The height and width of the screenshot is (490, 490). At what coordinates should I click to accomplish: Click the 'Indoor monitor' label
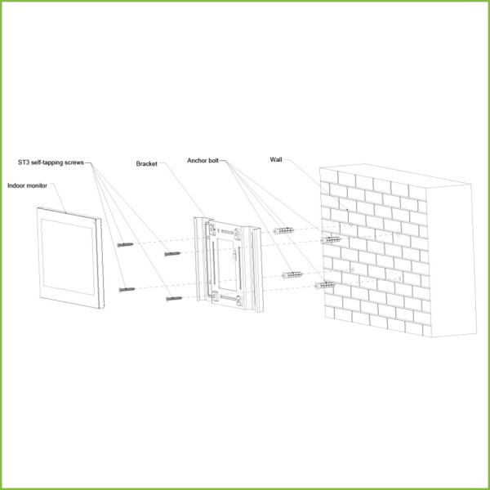click(27, 185)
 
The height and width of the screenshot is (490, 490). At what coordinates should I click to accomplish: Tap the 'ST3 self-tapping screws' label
click(51, 163)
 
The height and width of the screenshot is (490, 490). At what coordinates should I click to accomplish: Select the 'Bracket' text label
click(146, 164)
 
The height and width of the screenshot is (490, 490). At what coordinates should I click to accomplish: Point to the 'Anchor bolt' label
click(203, 161)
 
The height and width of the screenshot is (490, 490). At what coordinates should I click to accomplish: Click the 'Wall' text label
click(276, 160)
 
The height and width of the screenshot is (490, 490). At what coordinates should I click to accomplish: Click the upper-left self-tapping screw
click(125, 245)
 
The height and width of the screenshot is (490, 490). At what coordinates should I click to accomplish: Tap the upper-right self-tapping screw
click(172, 254)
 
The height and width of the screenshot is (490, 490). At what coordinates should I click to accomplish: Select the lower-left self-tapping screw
click(127, 290)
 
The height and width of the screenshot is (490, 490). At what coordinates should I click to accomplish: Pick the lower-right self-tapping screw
click(174, 299)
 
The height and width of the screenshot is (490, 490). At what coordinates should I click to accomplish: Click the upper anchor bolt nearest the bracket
click(283, 231)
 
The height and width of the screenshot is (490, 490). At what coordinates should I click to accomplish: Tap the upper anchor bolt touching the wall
click(331, 240)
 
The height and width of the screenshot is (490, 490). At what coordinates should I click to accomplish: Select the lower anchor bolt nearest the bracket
click(292, 275)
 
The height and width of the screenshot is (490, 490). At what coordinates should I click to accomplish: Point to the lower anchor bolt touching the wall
click(325, 285)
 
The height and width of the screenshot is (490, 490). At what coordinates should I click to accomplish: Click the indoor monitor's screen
click(68, 256)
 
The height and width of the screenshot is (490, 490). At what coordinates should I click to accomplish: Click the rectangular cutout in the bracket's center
click(227, 265)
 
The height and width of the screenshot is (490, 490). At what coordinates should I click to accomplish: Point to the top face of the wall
click(395, 176)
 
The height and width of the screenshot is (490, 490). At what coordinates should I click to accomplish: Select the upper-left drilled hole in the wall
click(351, 225)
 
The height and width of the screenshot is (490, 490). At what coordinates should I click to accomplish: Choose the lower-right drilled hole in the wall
click(400, 278)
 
